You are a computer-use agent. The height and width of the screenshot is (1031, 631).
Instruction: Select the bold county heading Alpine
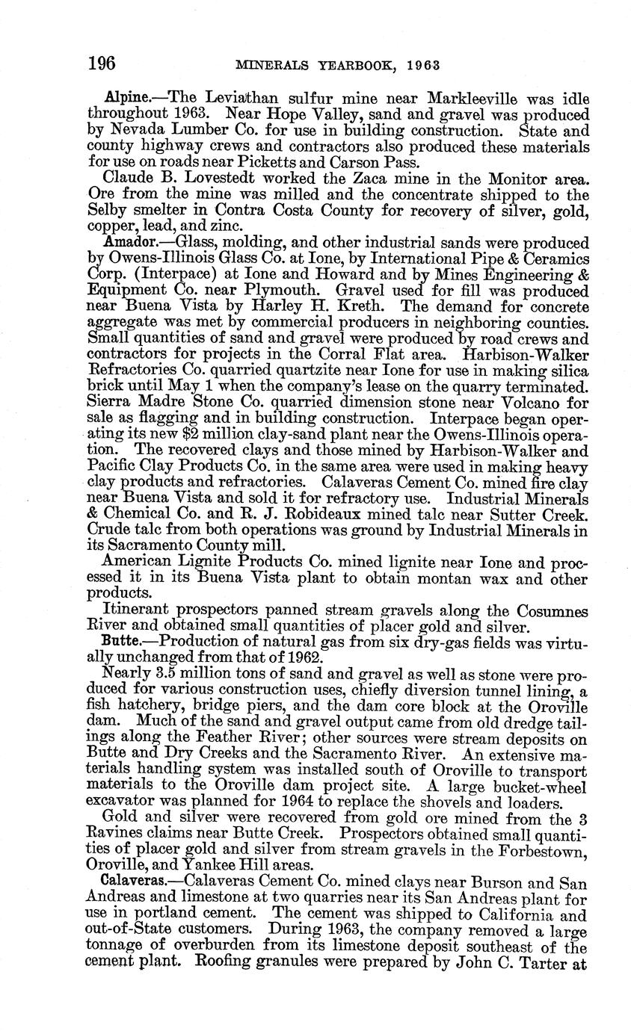(x=123, y=99)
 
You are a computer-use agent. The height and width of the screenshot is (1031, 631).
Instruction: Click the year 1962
(x=305, y=657)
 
